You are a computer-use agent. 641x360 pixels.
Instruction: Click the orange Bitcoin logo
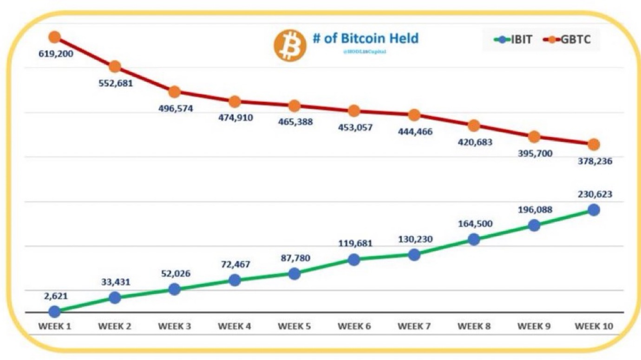click(290, 46)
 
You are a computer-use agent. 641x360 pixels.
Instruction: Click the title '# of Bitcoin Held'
click(366, 38)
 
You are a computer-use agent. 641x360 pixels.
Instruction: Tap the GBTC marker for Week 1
click(54, 37)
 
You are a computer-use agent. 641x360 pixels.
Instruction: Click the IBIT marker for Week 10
click(594, 210)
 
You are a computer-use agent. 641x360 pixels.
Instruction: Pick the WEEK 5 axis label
click(294, 326)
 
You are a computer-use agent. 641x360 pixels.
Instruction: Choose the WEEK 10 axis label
click(594, 326)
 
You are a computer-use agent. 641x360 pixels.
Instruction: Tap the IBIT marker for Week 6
click(354, 260)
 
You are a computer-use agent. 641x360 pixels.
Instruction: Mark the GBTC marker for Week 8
click(474, 125)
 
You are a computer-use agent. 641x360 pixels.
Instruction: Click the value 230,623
click(594, 195)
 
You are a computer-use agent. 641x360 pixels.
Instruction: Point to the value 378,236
click(594, 162)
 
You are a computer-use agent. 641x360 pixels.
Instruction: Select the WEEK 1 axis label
click(54, 326)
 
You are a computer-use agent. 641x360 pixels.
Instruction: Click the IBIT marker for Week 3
click(174, 289)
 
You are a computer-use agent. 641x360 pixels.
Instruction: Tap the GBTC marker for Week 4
click(235, 102)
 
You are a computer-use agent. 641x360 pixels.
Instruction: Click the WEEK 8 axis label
click(474, 326)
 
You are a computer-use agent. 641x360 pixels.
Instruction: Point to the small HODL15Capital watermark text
click(366, 52)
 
